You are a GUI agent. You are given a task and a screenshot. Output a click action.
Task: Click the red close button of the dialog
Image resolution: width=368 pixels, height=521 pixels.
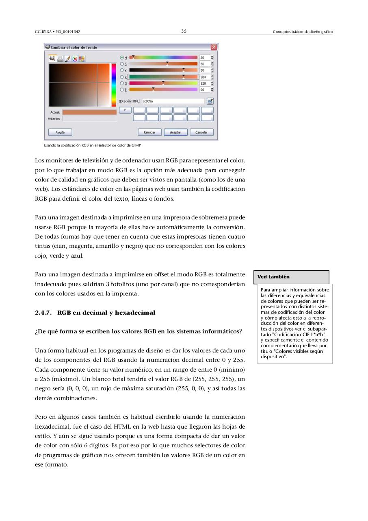tap(214, 47)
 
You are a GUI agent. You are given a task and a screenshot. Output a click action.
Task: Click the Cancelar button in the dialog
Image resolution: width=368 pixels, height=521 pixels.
tap(201, 132)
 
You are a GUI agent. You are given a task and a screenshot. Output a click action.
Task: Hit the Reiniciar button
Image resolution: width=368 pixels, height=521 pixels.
tap(150, 132)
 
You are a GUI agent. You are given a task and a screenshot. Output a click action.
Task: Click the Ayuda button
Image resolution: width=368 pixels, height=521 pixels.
tap(60, 132)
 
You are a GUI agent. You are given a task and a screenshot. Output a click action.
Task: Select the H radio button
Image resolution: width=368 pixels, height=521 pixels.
tap(122, 58)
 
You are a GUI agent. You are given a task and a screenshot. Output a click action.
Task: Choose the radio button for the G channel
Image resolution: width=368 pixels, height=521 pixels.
tap(122, 83)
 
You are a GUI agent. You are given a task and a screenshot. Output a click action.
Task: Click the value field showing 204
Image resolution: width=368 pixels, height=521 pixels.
tap(204, 77)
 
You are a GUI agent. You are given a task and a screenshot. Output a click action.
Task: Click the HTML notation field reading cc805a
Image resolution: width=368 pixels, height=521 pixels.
tap(173, 101)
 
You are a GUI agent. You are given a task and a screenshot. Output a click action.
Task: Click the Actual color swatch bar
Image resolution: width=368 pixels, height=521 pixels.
tap(89, 112)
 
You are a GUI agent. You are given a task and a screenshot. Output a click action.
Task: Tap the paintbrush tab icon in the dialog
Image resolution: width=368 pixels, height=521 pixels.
tap(67, 59)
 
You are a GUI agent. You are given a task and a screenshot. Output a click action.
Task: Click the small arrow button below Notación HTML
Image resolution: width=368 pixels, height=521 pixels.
tap(125, 110)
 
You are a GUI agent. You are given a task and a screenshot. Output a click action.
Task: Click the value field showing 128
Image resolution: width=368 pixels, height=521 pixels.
tap(204, 83)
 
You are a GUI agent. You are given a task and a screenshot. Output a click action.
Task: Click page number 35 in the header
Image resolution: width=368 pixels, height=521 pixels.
tap(184, 31)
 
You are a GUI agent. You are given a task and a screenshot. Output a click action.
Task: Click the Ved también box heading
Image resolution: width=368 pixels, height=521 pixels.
tap(274, 277)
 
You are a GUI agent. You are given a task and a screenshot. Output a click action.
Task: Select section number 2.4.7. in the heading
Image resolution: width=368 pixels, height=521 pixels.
tap(43, 313)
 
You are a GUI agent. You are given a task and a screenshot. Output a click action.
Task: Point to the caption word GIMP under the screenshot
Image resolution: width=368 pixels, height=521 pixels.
tap(136, 145)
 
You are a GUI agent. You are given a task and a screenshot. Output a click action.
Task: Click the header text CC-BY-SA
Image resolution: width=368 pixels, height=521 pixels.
tap(43, 32)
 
